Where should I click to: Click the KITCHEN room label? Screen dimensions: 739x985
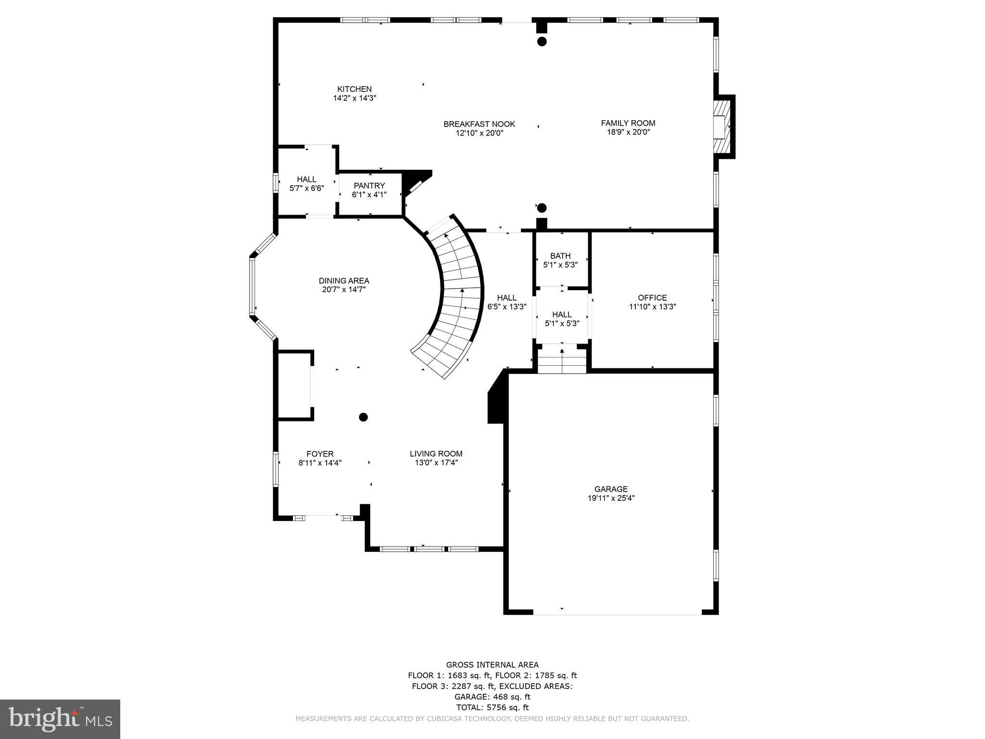click(354, 89)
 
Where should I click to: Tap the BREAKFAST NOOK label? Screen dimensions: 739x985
click(479, 124)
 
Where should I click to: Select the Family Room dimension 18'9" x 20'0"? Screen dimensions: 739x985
click(628, 132)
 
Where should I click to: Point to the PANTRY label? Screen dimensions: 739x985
click(369, 186)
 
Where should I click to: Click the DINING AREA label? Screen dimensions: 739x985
click(344, 281)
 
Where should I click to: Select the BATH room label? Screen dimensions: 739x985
click(560, 256)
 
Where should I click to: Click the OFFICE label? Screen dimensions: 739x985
click(652, 298)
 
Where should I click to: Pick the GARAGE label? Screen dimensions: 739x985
click(611, 489)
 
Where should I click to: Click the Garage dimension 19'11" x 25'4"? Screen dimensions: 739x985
click(611, 498)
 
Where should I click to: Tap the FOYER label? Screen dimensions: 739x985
click(320, 454)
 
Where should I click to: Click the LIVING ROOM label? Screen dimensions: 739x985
click(436, 454)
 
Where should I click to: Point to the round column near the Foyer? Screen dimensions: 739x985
click(364, 417)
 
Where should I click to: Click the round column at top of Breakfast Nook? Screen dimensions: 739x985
click(542, 41)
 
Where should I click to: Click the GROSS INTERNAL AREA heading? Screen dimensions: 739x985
click(492, 665)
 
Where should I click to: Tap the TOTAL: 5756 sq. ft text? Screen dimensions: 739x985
click(492, 707)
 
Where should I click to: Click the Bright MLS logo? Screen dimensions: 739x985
click(60, 719)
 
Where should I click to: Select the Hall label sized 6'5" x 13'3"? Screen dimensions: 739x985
click(506, 298)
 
